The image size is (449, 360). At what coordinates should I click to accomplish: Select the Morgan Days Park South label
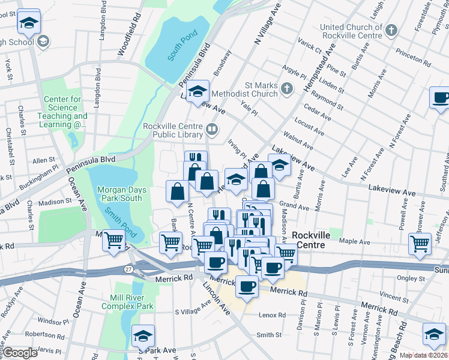pos(121,194)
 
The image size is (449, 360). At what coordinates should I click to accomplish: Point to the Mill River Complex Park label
pos(131,302)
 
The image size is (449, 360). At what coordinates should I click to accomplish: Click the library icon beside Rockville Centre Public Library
pos(211,129)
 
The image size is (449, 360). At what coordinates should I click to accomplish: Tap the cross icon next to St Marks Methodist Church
pos(287,89)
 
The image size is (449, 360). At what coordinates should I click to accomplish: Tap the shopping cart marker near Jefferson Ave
pos(420,244)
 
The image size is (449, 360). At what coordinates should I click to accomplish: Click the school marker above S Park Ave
pos(143,335)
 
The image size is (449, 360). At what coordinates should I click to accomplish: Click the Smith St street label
pos(269,335)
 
